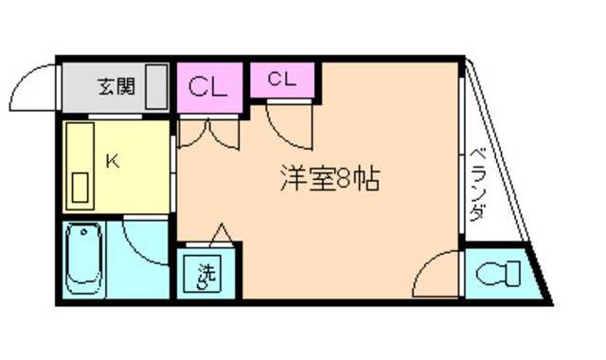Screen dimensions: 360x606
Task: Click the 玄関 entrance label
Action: tap(116, 88)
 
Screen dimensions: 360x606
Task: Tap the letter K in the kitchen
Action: tap(112, 162)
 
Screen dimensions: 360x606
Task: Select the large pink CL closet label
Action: tap(207, 88)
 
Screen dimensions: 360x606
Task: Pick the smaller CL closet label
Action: tap(281, 80)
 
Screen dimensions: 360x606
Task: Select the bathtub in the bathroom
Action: tap(86, 259)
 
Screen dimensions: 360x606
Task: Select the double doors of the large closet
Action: tap(209, 133)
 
